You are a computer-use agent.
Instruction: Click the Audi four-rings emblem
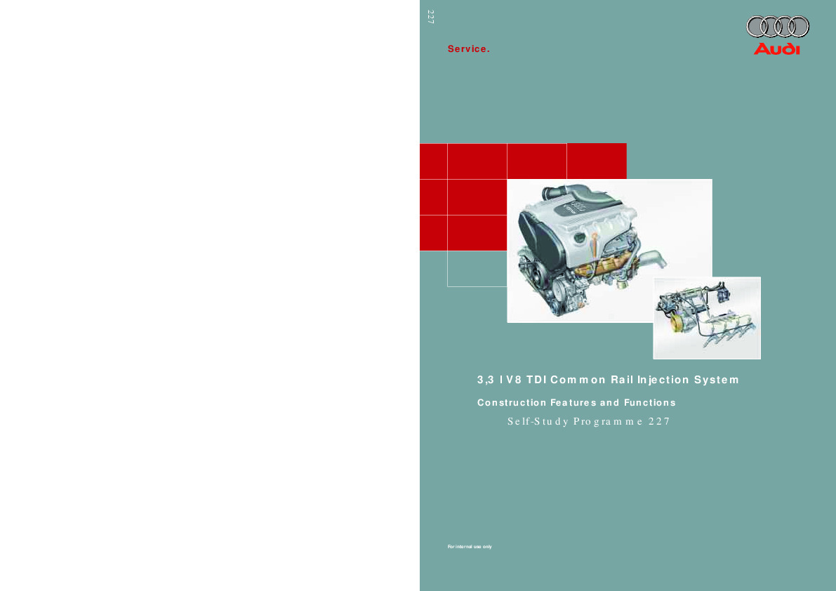click(x=777, y=27)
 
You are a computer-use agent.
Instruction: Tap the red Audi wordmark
click(x=777, y=49)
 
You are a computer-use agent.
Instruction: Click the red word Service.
click(x=469, y=49)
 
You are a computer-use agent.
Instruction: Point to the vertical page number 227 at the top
click(x=431, y=17)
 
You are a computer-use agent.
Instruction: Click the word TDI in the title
click(x=537, y=380)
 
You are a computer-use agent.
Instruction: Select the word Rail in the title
click(x=622, y=380)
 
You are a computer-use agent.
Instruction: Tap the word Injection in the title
click(x=663, y=380)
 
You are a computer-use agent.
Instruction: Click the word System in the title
click(x=717, y=380)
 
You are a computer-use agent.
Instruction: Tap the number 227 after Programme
click(x=659, y=422)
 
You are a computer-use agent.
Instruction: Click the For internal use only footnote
click(x=470, y=547)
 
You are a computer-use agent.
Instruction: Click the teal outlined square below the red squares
click(x=477, y=269)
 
